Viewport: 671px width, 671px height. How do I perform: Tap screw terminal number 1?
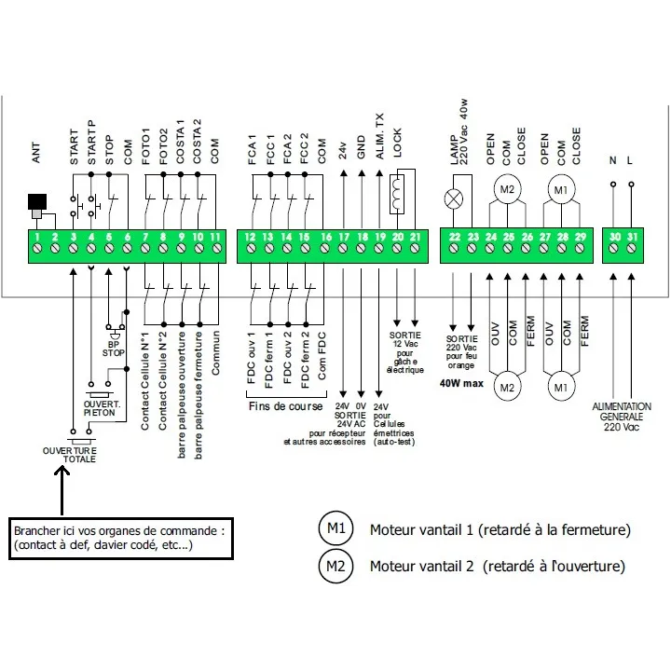coord(37,248)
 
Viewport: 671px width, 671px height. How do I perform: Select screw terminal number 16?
coord(325,248)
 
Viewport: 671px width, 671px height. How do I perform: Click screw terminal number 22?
coord(454,248)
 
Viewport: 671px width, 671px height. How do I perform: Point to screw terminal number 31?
coord(632,248)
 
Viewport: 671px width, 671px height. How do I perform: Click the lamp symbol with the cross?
coord(454,199)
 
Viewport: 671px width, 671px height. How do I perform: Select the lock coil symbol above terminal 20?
coord(397,195)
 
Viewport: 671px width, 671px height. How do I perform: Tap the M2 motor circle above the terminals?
coord(507,189)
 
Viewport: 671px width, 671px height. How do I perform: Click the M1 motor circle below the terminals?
coord(561,388)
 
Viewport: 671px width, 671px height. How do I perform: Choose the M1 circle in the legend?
coord(335,528)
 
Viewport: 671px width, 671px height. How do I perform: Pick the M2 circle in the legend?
coord(335,567)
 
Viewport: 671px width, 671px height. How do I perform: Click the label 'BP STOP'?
coord(114,349)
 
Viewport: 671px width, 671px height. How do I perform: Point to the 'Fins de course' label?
coord(285,406)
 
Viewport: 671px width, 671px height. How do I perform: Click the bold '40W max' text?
coord(461,383)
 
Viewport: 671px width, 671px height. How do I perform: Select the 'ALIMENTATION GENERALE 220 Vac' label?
coord(622,417)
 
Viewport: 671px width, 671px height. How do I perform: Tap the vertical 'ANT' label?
coord(36,153)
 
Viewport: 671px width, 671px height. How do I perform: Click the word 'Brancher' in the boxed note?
coord(36,531)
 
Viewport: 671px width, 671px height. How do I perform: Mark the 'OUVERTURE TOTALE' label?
coord(70,455)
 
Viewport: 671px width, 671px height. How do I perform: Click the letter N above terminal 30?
coord(613,160)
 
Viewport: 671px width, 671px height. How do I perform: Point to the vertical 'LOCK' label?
coord(398,143)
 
